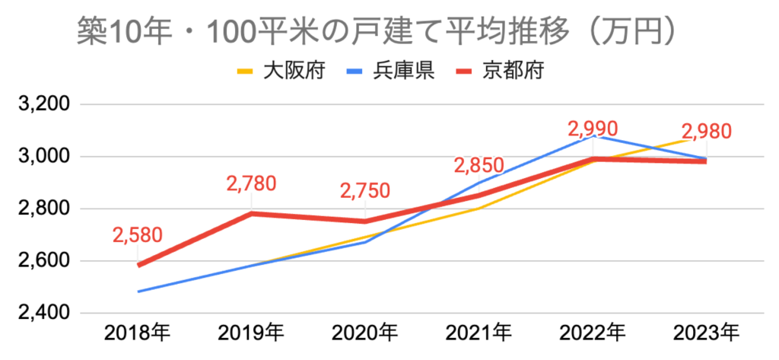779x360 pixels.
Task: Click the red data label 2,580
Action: pyautogui.click(x=138, y=234)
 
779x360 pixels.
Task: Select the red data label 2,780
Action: pyautogui.click(x=251, y=183)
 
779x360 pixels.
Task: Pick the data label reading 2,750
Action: pyautogui.click(x=364, y=190)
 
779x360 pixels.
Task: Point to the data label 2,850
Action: pyautogui.click(x=479, y=165)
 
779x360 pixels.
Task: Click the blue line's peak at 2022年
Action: pyautogui.click(x=593, y=136)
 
